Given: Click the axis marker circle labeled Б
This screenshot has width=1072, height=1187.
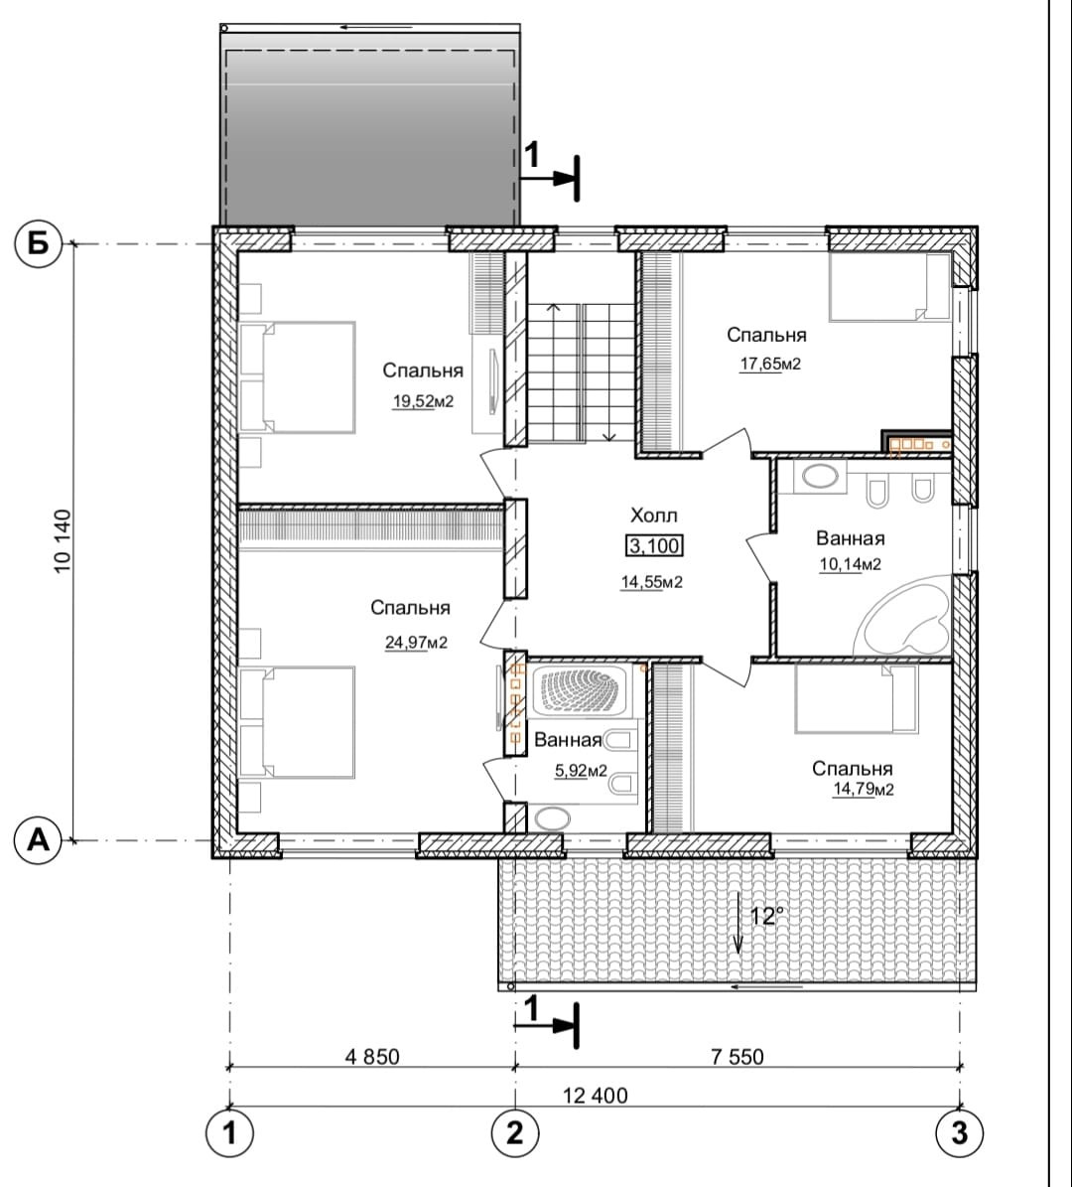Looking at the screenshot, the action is tap(38, 243).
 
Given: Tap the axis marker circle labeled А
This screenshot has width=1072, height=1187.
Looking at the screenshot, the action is tap(38, 839).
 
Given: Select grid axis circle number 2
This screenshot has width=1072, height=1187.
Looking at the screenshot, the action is tap(515, 1133).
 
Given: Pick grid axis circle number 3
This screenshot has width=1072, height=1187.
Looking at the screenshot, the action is tap(959, 1133).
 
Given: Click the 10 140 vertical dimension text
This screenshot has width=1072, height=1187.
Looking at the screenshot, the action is tap(63, 541).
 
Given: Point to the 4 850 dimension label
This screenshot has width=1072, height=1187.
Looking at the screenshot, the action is tap(371, 1056).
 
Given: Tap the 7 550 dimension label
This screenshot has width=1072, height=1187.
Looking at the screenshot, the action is tap(737, 1056).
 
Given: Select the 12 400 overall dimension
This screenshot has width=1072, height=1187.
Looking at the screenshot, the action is tap(596, 1096).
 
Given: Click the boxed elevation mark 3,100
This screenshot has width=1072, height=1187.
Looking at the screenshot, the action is tap(654, 545).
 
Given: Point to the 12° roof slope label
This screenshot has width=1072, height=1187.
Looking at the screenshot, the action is tap(766, 917).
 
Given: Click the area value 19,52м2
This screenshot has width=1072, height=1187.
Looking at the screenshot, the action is tap(423, 401).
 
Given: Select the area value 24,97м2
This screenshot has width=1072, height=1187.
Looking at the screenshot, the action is tap(416, 643).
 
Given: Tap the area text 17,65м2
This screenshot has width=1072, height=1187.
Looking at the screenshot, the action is tap(770, 365).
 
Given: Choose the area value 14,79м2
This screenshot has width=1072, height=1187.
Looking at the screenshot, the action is tap(864, 790).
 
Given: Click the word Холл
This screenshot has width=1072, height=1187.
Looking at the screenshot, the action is tap(654, 516).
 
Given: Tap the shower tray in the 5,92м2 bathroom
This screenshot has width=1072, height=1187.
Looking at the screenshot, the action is tap(581, 690).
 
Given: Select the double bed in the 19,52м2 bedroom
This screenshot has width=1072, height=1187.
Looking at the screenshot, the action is tap(298, 377).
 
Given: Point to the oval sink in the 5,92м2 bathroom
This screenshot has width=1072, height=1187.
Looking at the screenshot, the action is tap(553, 818).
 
